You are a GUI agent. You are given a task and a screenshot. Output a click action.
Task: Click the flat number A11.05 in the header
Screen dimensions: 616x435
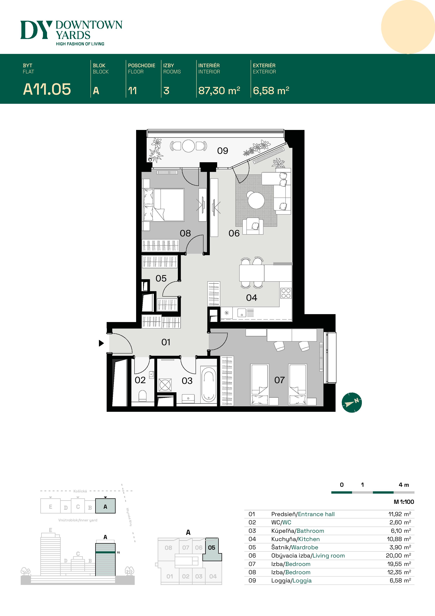[47, 89]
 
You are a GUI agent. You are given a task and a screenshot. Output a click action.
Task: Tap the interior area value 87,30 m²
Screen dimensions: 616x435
[219, 91]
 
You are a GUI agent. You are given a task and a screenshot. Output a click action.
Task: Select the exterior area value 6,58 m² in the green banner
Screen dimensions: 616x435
[271, 91]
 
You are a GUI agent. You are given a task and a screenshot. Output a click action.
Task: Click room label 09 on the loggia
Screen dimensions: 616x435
[222, 151]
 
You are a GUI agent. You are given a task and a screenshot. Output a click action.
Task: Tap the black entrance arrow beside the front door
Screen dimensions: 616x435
[101, 343]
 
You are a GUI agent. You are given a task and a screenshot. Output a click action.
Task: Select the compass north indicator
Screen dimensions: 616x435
[352, 402]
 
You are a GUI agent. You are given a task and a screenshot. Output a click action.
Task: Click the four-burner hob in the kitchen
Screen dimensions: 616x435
[286, 293]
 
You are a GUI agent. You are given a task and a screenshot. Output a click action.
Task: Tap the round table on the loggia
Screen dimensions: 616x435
[188, 146]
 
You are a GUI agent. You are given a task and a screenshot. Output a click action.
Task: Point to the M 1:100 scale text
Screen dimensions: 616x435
[404, 502]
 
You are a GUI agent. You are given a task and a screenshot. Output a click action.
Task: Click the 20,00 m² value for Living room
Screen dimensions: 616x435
[398, 556]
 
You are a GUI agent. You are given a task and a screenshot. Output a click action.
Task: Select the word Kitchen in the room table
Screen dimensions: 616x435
[309, 539]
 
